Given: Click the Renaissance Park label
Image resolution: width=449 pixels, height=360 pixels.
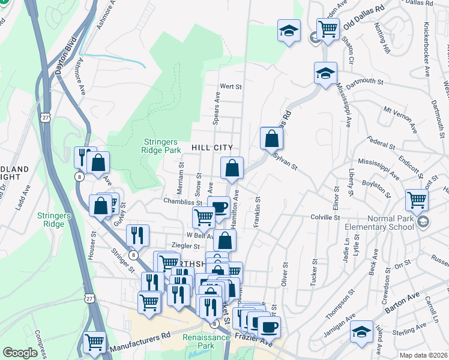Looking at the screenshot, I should coord(206,341).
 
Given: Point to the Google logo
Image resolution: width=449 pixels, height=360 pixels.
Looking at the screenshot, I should coord(20,353).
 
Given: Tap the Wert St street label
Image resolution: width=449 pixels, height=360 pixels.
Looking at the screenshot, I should coord(231,86).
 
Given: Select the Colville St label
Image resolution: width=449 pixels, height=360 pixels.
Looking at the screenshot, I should coord(325,217).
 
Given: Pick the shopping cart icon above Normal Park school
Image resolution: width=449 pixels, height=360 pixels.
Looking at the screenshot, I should coord(417,200).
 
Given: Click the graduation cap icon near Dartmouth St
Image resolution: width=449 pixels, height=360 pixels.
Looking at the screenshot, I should coord(325,74).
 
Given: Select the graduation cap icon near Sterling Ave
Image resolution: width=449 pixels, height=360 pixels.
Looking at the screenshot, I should coord(361,331).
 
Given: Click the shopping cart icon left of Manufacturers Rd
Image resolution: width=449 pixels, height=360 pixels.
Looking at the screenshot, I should coord(95,343).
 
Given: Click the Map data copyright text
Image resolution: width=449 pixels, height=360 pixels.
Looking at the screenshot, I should coord(424,355).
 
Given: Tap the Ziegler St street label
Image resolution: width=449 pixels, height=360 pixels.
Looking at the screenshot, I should coord(185,245).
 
